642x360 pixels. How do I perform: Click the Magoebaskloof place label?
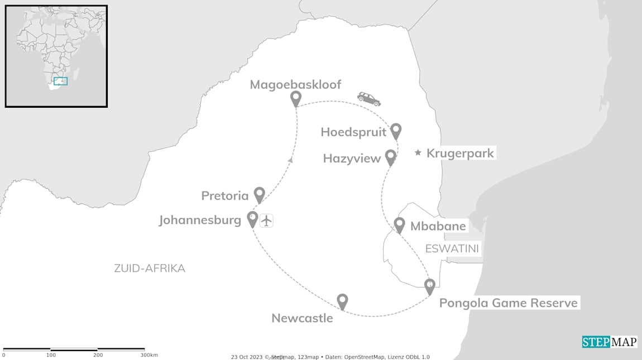(x=295, y=85)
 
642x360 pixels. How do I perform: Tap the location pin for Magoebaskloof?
(x=296, y=99)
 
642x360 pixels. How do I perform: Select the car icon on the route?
(x=369, y=99)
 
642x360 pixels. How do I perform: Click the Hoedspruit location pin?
(x=396, y=131)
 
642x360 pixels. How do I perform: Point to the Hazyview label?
(x=352, y=159)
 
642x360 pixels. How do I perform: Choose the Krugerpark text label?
(x=460, y=153)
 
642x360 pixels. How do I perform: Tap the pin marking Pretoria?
(x=259, y=194)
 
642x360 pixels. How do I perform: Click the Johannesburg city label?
(x=200, y=220)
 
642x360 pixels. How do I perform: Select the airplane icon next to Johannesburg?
(x=267, y=220)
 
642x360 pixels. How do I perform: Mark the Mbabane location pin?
(x=399, y=225)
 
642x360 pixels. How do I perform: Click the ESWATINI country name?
(x=452, y=249)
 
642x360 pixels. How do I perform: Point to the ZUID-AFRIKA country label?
(x=150, y=268)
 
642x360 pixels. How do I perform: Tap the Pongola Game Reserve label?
(x=508, y=303)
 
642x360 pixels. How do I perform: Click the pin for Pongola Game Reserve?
(x=429, y=286)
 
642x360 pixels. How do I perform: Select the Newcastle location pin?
(x=342, y=301)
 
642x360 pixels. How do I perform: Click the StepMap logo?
(x=610, y=342)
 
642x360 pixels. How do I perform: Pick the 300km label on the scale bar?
(x=149, y=355)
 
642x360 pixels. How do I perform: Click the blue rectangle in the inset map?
(x=60, y=81)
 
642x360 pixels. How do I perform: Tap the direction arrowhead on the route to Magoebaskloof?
(x=290, y=160)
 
